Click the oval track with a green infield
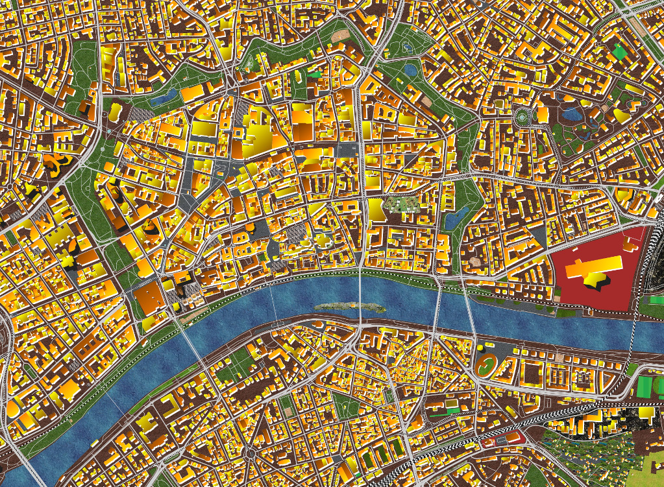[484, 366]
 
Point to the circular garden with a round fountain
[522, 117]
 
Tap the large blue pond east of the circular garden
[572, 115]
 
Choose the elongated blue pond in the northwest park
[163, 98]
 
